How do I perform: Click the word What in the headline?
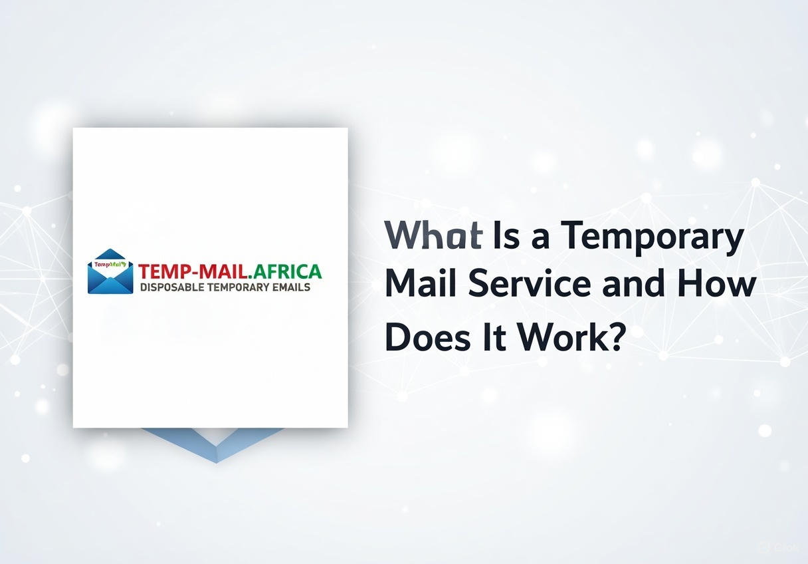pyautogui.click(x=433, y=235)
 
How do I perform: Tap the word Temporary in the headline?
pyautogui.click(x=653, y=238)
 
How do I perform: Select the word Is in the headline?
pyautogui.click(x=506, y=235)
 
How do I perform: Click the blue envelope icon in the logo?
pyautogui.click(x=110, y=271)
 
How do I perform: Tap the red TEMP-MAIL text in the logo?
pyautogui.click(x=193, y=272)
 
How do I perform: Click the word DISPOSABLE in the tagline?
pyautogui.click(x=172, y=287)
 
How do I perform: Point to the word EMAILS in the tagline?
pyautogui.click(x=291, y=287)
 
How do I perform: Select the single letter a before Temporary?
pyautogui.click(x=540, y=239)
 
